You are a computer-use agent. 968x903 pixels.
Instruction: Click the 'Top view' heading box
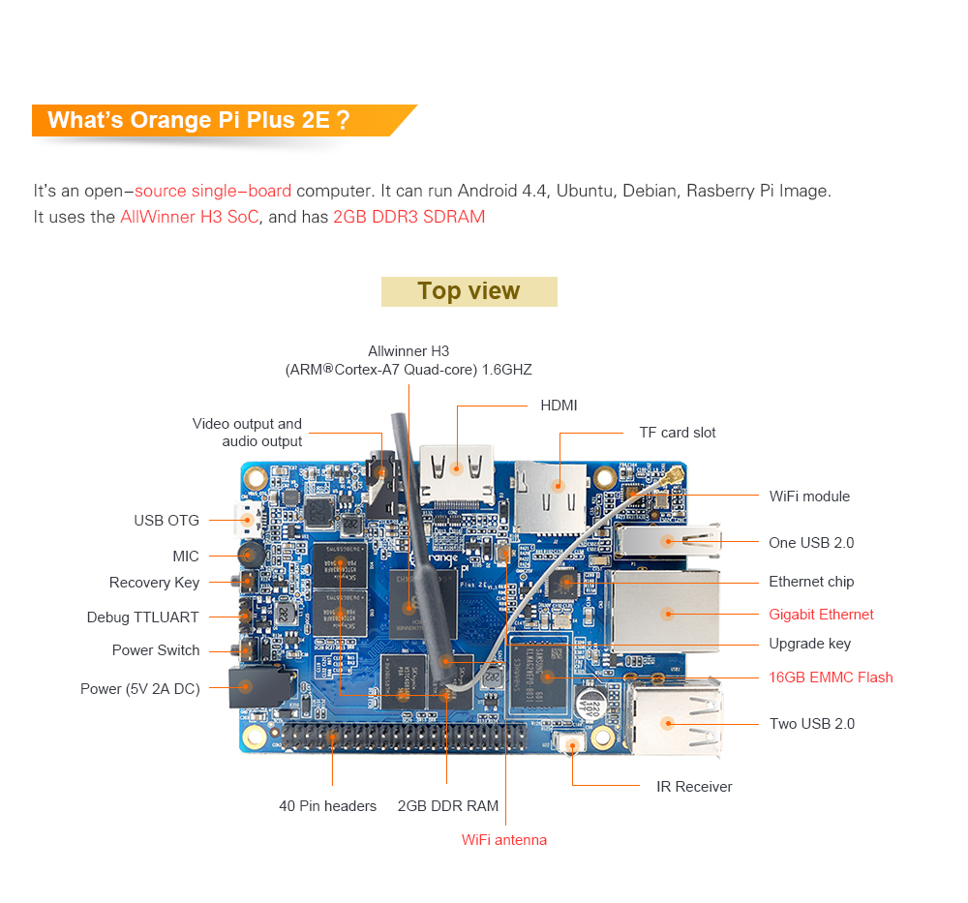(x=469, y=291)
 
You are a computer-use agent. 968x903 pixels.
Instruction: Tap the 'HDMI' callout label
(x=559, y=406)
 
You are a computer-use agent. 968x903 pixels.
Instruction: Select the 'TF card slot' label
(x=678, y=433)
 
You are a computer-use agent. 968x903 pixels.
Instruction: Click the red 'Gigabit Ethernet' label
(x=821, y=615)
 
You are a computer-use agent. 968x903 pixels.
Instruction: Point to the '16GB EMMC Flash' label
(x=831, y=677)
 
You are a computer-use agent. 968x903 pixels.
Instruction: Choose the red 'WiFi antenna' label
(x=504, y=840)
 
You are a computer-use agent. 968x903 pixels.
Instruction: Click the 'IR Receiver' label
(x=694, y=787)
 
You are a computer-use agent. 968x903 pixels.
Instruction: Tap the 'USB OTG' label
(x=166, y=521)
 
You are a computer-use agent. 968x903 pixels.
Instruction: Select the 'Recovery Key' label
(x=154, y=583)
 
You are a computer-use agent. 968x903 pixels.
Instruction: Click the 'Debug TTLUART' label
(x=142, y=617)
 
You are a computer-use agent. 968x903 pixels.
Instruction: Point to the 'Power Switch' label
(x=156, y=650)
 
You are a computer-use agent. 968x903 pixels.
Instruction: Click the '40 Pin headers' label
(x=327, y=806)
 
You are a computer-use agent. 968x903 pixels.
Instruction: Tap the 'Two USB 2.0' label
(x=812, y=724)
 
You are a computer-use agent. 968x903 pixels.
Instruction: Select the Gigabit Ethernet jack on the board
(x=667, y=612)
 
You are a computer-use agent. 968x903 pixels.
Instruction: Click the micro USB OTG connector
(x=245, y=522)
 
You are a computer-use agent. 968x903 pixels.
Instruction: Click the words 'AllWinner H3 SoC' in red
(x=190, y=217)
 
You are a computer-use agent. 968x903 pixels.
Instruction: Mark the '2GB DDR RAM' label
(x=448, y=806)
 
